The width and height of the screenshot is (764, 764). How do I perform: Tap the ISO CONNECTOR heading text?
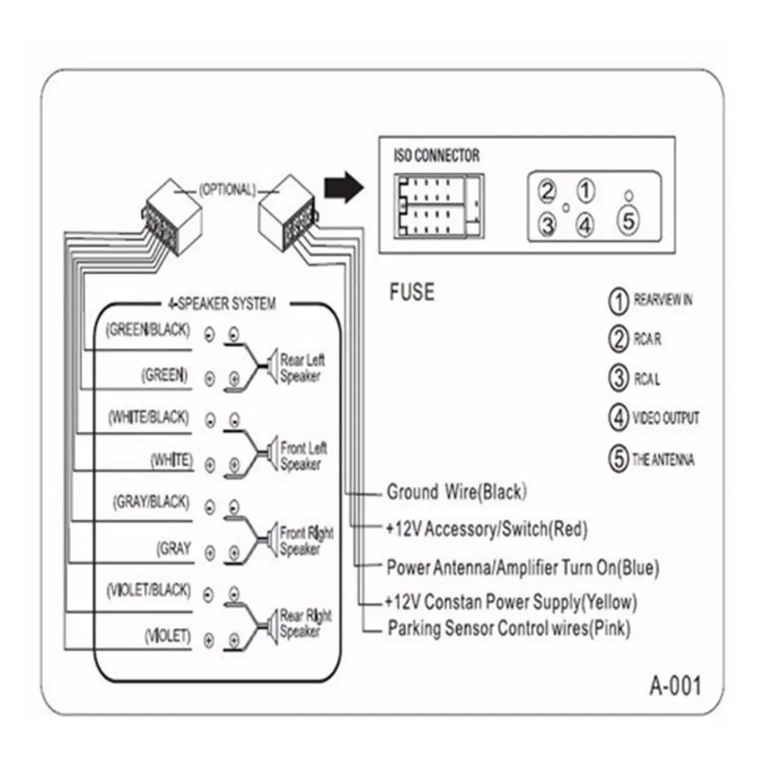tap(436, 156)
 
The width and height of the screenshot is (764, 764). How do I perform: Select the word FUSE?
tap(412, 292)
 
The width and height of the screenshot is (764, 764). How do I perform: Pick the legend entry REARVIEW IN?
tap(662, 300)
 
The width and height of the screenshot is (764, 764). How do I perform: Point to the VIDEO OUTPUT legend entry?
tap(666, 418)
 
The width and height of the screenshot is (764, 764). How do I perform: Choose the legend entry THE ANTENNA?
tap(663, 460)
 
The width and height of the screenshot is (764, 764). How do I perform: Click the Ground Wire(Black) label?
tap(456, 492)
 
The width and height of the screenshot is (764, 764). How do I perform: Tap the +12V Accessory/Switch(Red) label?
tap(486, 530)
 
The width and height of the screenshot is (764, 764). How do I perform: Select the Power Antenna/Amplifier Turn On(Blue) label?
tap(512, 567)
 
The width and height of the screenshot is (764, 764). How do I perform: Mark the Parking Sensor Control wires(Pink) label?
tap(508, 628)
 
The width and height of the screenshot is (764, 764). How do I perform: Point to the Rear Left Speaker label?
tap(303, 368)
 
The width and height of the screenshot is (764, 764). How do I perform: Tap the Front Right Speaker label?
tap(306, 542)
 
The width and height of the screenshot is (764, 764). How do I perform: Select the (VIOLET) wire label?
tap(167, 637)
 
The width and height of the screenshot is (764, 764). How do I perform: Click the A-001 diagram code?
tap(675, 686)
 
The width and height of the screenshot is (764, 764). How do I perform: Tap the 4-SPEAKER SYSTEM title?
tap(221, 304)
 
